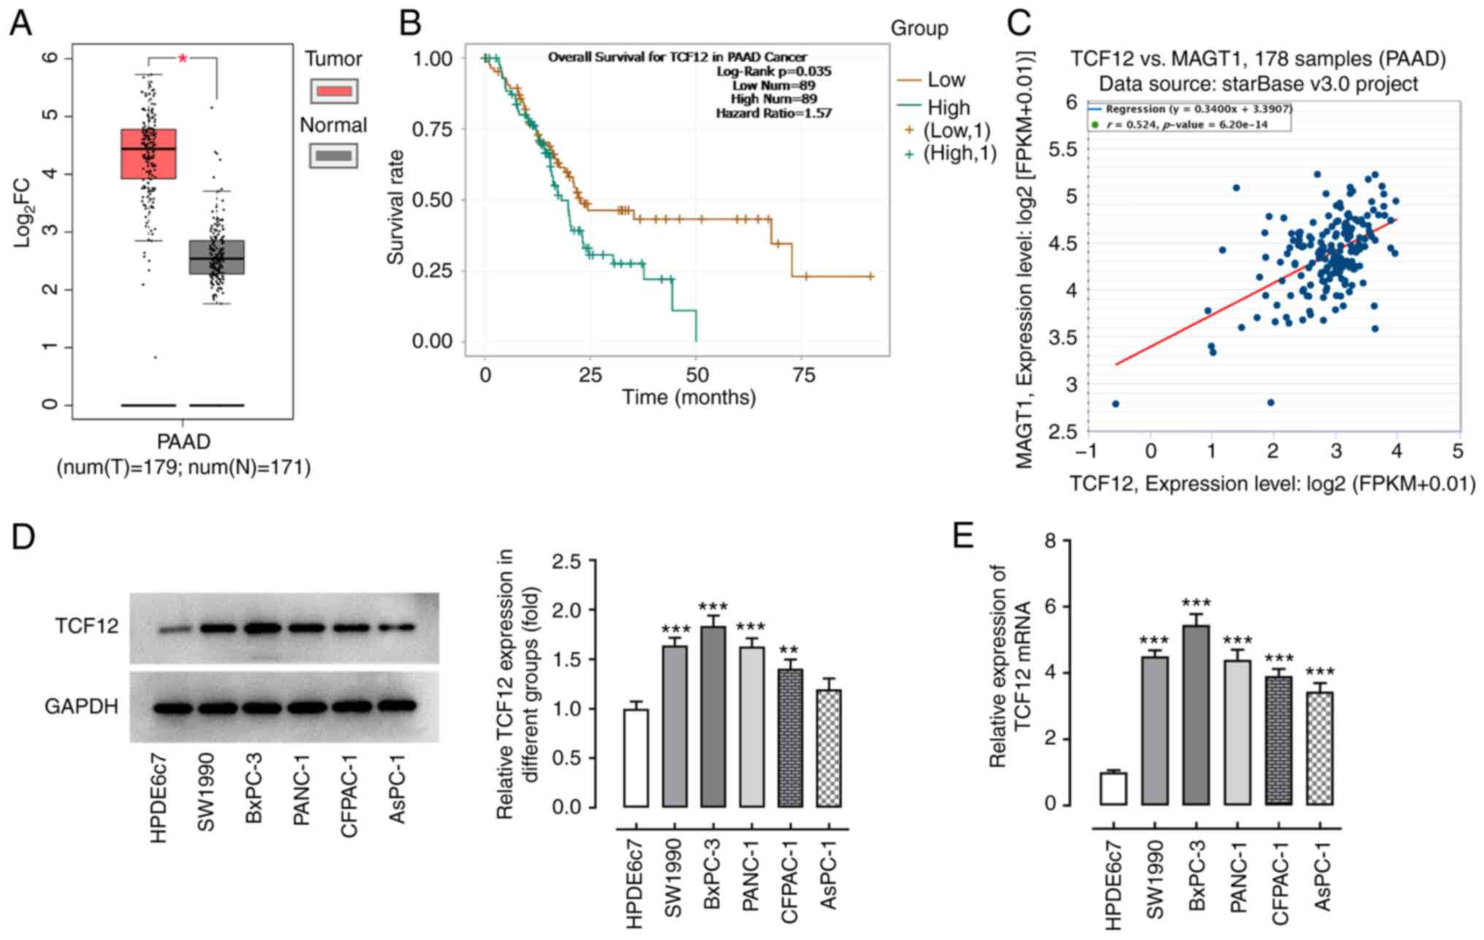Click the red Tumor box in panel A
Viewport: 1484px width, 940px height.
148,153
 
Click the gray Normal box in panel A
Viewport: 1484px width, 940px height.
217,257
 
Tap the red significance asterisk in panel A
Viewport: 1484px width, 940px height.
183,58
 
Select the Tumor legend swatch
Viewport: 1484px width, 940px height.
334,91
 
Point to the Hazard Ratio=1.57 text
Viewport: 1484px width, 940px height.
773,113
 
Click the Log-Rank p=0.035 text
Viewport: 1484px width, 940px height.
773,72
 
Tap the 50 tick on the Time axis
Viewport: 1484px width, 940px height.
697,375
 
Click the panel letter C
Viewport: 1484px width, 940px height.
1019,23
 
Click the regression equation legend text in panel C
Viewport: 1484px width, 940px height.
1198,109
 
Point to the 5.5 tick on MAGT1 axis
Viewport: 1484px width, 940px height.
1063,150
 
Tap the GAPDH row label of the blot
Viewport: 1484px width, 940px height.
82,706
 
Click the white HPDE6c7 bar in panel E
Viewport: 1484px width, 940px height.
1114,788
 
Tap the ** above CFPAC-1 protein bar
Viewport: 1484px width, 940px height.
789,650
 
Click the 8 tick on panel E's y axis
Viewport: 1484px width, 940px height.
1051,541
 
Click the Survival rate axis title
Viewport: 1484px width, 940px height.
396,207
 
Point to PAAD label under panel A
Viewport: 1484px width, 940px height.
183,442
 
